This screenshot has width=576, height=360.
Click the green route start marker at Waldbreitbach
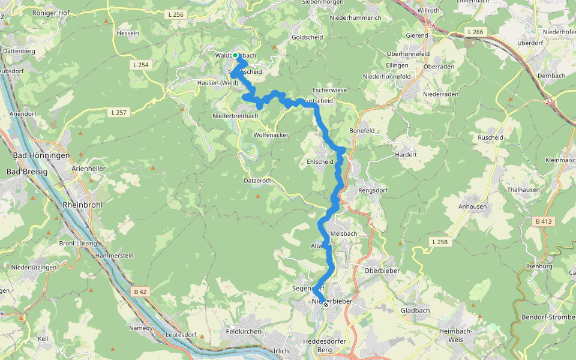(x=236, y=56)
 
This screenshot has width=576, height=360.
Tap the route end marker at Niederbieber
(x=325, y=305)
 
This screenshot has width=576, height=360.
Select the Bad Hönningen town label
(x=41, y=155)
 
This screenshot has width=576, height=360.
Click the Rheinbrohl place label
(x=82, y=205)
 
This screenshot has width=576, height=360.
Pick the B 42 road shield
(x=140, y=292)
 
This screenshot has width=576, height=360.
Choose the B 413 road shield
(x=542, y=221)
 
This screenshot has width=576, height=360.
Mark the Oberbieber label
(x=382, y=271)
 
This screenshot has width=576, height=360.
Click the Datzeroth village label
(x=258, y=181)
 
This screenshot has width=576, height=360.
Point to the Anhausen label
(x=472, y=205)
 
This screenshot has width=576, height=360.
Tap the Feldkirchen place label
(x=243, y=331)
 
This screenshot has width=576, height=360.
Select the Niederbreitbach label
(x=235, y=116)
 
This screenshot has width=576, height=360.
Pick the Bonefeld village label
(x=362, y=130)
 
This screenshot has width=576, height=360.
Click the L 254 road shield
(x=141, y=64)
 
